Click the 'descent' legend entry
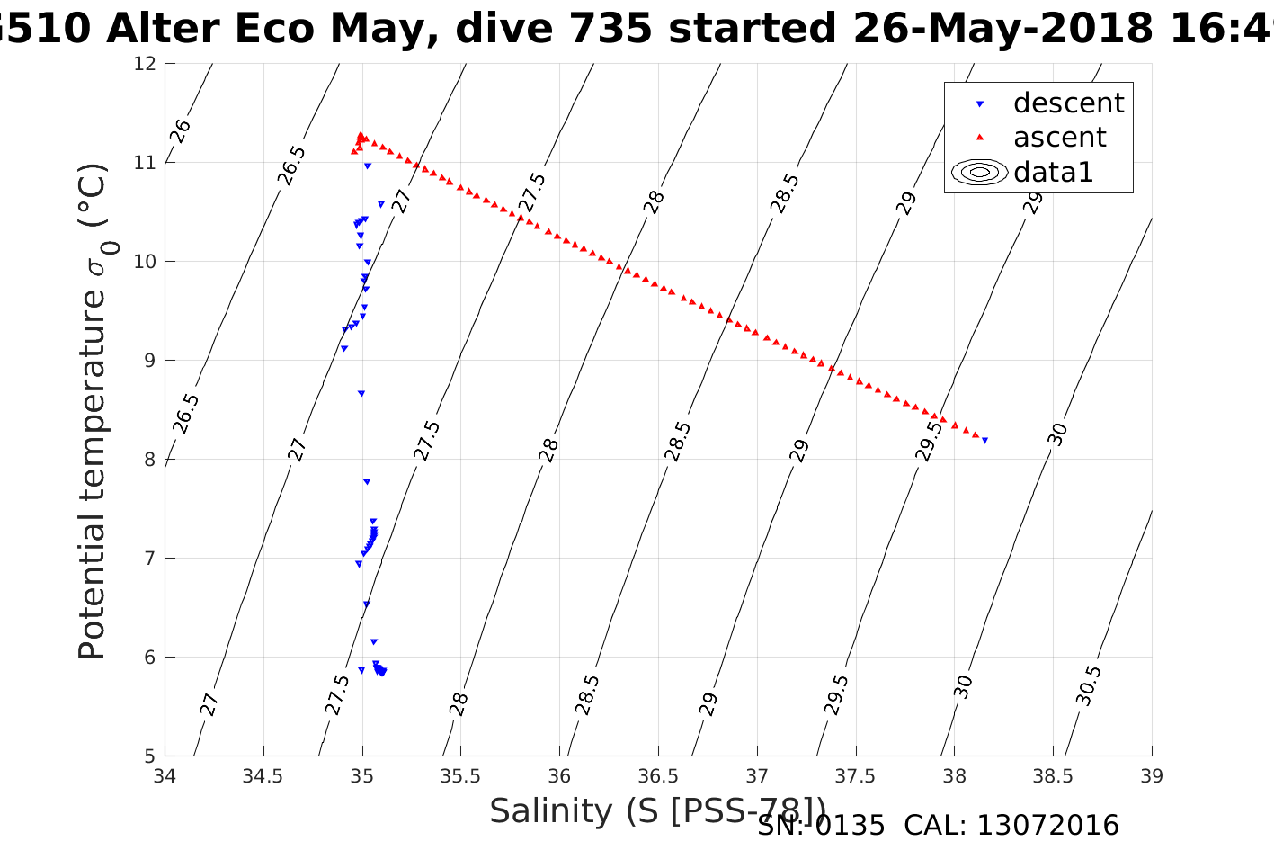coord(1068,103)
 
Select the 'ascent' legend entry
coord(1059,138)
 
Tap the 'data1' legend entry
coord(1053,172)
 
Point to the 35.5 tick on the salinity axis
coord(460,775)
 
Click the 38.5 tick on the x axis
coord(1053,775)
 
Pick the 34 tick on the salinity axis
coord(165,775)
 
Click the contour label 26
coord(181,130)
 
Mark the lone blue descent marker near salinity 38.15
coord(984,441)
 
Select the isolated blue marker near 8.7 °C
coord(361,393)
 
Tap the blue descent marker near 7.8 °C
coord(366,482)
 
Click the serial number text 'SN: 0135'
coord(820,826)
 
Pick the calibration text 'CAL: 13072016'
coord(1011,826)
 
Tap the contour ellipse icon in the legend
coord(980,172)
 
